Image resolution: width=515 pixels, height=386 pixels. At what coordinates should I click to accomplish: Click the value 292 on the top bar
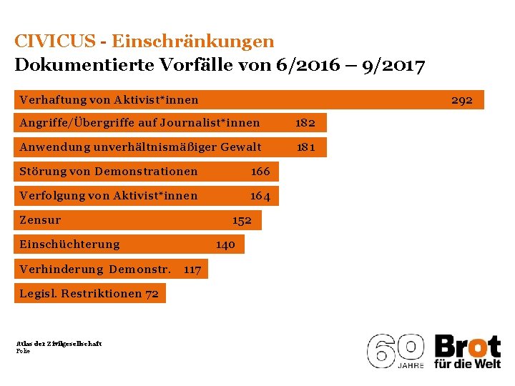coord(461,100)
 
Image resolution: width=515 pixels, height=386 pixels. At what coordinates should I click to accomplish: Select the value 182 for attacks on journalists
coord(305,123)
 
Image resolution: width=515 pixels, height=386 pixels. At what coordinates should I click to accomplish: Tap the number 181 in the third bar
coord(305,147)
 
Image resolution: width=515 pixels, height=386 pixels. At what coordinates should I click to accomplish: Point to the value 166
coord(260,172)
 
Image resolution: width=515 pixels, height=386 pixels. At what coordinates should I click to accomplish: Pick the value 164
coord(260,196)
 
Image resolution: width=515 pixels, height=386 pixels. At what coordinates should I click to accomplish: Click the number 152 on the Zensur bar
coord(242,220)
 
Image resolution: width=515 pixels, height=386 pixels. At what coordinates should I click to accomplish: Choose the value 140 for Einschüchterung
coord(225,244)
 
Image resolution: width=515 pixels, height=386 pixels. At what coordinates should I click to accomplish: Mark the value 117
coord(192,269)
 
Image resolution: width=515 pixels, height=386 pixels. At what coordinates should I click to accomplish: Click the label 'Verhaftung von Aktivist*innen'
coord(109,100)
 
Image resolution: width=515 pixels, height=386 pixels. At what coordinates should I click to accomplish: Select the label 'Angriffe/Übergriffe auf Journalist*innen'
coord(139,123)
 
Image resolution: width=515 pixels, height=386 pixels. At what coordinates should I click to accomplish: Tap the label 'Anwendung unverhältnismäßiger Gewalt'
coord(140,147)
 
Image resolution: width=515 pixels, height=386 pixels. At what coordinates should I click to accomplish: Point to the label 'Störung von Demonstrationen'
coord(109,172)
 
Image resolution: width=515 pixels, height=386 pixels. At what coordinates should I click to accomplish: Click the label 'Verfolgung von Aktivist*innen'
coord(109,196)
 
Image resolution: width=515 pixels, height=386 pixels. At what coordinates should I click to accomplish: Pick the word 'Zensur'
coord(40,220)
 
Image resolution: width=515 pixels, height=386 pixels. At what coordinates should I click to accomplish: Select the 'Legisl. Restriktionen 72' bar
coord(89,294)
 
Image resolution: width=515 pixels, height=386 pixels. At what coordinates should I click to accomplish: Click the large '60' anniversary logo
coord(396,350)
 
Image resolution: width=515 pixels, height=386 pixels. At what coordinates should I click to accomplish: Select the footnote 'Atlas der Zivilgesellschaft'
coord(59,344)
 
